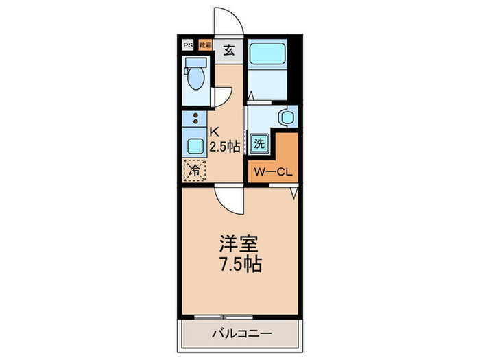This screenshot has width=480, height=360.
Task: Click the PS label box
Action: (187, 45)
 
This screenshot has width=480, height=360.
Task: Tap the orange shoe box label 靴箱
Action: (204, 45)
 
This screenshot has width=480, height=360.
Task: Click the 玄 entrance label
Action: (229, 49)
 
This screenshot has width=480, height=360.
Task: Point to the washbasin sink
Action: (287, 117)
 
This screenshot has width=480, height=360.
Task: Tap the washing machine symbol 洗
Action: (260, 144)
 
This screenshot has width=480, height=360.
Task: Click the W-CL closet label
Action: (273, 171)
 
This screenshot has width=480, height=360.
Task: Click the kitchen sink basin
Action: (195, 145)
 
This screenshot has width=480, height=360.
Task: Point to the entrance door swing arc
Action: (228, 21)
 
